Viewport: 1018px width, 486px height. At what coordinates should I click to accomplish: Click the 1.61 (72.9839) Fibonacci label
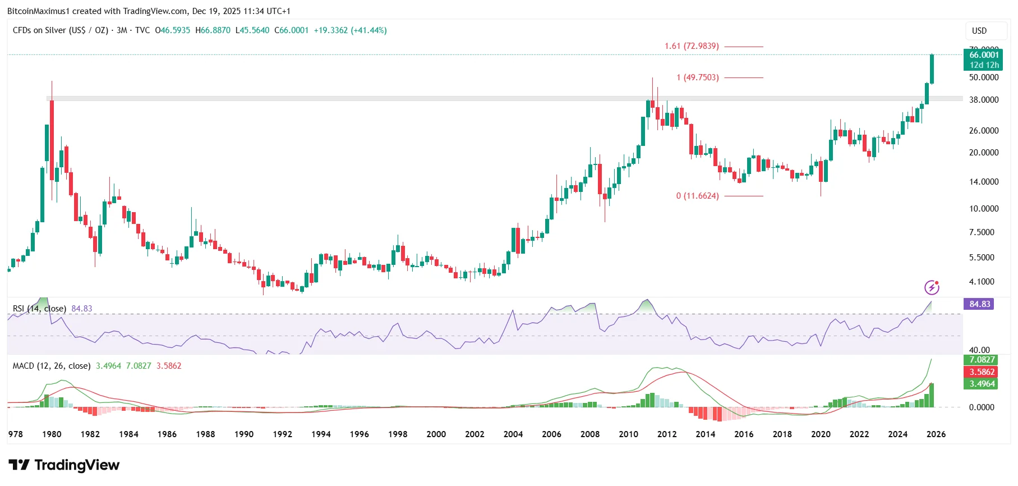(692, 46)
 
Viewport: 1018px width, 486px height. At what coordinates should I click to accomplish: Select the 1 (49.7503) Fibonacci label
(697, 77)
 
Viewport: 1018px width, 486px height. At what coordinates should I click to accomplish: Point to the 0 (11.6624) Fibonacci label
(697, 196)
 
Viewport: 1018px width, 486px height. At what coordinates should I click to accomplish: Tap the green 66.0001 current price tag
(984, 55)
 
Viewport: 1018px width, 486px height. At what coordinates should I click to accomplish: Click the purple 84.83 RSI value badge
(979, 304)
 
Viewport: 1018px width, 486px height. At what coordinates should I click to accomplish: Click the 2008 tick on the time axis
(590, 434)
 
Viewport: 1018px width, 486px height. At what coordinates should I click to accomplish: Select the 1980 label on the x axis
(52, 434)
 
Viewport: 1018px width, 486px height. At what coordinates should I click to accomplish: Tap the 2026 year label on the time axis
(936, 434)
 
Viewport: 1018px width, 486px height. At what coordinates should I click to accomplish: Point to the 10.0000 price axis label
(984, 209)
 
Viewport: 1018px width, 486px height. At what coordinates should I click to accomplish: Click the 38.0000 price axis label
(984, 100)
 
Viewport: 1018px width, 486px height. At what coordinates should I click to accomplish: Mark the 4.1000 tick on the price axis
(982, 282)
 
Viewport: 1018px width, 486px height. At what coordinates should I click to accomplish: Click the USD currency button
(979, 31)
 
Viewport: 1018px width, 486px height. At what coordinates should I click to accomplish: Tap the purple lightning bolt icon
(932, 288)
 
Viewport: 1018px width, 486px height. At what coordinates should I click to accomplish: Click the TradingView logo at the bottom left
(65, 465)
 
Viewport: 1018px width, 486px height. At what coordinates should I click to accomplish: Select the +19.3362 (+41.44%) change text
(350, 30)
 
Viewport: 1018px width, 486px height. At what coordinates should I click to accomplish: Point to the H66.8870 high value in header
(213, 30)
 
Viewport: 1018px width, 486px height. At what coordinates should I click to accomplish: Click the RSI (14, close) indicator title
(39, 309)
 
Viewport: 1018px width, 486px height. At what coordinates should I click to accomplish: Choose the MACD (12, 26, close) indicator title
(51, 366)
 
